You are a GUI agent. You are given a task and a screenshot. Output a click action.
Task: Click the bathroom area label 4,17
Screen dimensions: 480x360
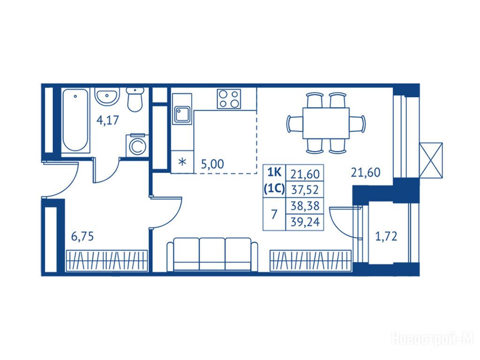pos(107,120)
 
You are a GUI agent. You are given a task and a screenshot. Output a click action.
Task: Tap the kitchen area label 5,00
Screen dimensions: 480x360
pos(212,164)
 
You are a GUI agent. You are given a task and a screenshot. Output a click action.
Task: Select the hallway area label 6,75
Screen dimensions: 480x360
pos(82,237)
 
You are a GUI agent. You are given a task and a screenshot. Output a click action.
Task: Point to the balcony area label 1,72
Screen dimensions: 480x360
pos(386,236)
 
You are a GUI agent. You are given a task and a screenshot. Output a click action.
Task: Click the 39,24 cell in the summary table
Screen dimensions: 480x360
pos(305,222)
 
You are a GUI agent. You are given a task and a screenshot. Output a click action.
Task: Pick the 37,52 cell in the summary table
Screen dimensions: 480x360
pos(305,190)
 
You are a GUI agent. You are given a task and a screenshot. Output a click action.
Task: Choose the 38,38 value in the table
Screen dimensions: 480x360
pos(305,206)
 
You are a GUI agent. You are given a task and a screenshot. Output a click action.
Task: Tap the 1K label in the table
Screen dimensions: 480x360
pos(274,172)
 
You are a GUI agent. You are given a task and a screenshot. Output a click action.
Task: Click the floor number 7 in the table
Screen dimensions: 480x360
pos(274,214)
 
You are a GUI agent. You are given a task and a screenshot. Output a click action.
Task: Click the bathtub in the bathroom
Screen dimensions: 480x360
pos(75,120)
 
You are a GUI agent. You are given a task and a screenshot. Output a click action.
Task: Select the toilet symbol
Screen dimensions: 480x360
pos(135,99)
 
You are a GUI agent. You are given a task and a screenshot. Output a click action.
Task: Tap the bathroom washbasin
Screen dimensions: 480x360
pos(106,97)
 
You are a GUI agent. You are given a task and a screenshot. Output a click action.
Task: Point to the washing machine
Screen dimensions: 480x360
pos(137,146)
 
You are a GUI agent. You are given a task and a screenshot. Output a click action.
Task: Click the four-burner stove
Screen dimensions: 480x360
pos(229,99)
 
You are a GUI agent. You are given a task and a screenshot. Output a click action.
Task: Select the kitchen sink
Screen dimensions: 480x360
pos(182,114)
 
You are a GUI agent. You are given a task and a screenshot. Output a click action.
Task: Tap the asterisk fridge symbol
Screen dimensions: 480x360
pos(182,162)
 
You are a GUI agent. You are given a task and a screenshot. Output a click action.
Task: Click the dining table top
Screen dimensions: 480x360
pos(326,123)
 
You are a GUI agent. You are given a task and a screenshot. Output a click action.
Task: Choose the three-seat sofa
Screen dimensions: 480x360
pos(212,255)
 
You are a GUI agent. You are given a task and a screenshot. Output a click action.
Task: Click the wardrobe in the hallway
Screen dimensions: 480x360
pos(107,261)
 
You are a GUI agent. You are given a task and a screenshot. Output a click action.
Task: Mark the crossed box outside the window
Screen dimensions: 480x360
pos(431,160)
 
